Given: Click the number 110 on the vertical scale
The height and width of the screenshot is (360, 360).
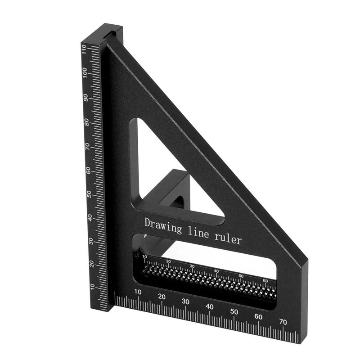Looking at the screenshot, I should click(84, 49).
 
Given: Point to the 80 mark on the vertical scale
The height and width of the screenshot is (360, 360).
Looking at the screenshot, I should click(85, 122).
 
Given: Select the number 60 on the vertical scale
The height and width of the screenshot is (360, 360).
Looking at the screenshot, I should click(87, 170).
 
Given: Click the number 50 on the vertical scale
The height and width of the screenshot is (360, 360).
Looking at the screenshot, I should click(89, 194).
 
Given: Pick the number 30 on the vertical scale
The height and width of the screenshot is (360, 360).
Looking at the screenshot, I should click(91, 241).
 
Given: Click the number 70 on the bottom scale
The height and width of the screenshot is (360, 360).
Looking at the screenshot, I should click(283, 322).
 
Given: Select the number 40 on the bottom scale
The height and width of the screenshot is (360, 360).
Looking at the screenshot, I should click(210, 306).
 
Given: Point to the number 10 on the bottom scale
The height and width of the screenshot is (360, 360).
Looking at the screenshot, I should click(138, 292).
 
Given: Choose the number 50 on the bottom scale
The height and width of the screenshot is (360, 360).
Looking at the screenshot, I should click(234, 311).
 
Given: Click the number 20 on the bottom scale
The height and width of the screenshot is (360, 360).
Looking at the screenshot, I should click(162, 297).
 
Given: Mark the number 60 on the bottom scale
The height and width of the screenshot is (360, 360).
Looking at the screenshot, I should click(258, 316).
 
